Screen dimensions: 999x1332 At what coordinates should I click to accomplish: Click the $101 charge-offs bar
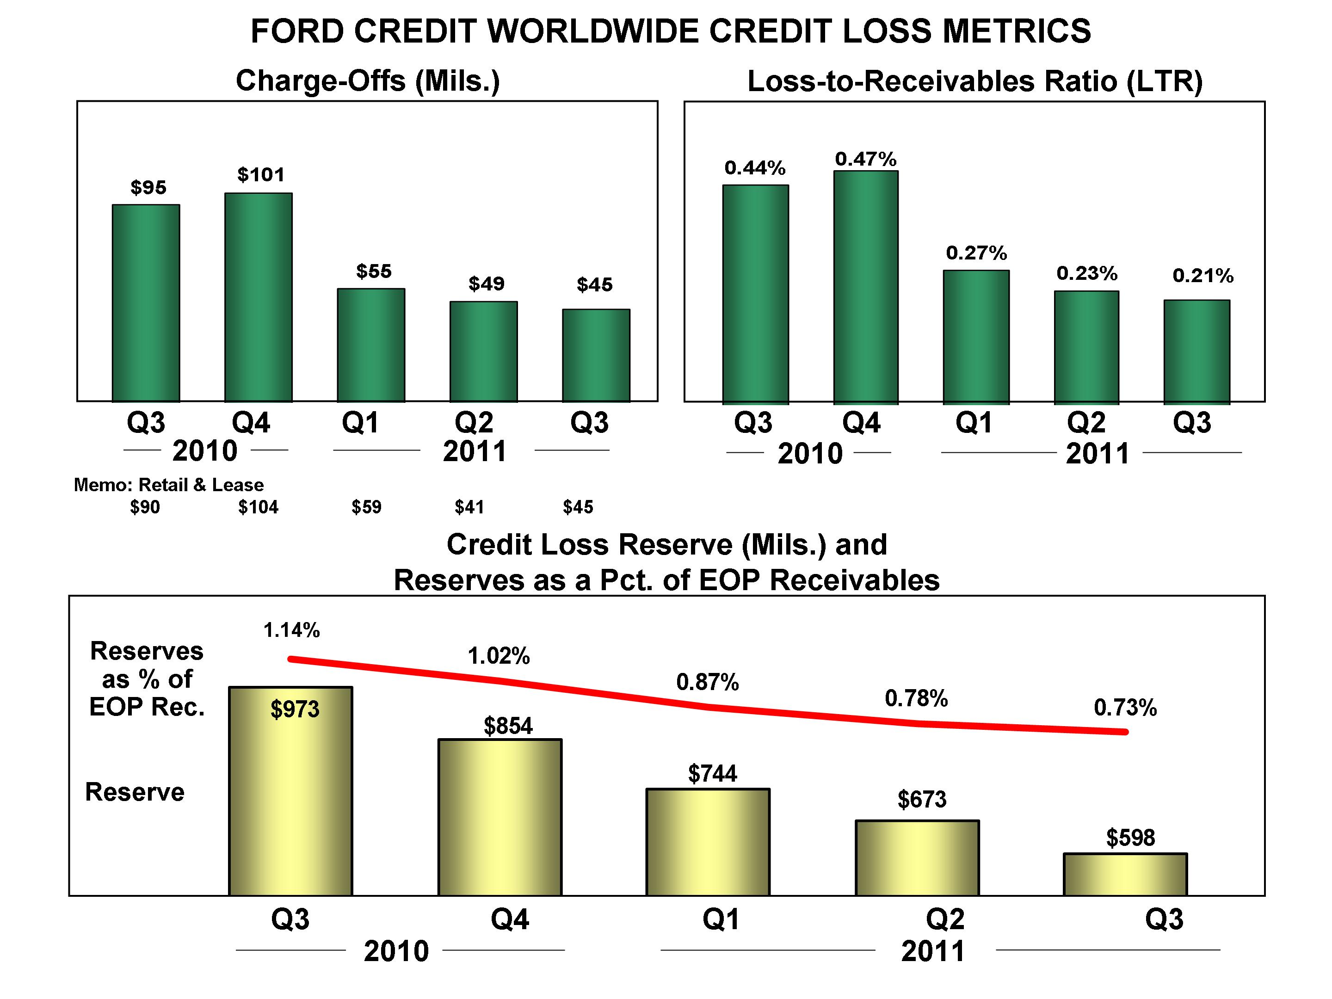click(x=259, y=297)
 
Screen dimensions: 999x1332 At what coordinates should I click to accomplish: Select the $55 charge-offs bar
click(x=371, y=345)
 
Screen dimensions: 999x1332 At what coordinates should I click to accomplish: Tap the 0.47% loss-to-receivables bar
click(x=866, y=287)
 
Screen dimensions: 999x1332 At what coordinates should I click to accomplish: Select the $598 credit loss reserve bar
click(x=1125, y=874)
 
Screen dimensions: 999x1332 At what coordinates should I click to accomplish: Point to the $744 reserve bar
click(x=708, y=842)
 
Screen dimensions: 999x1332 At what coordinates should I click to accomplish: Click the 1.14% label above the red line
click(x=291, y=630)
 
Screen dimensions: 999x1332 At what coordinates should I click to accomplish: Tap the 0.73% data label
click(x=1125, y=708)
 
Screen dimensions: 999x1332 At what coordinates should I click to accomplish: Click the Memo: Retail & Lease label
click(x=169, y=485)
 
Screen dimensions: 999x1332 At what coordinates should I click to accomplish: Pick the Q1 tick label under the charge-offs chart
click(x=360, y=422)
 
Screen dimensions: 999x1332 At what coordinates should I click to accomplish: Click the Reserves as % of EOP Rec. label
click(x=147, y=679)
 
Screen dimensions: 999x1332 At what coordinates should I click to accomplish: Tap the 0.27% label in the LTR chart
click(x=976, y=253)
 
